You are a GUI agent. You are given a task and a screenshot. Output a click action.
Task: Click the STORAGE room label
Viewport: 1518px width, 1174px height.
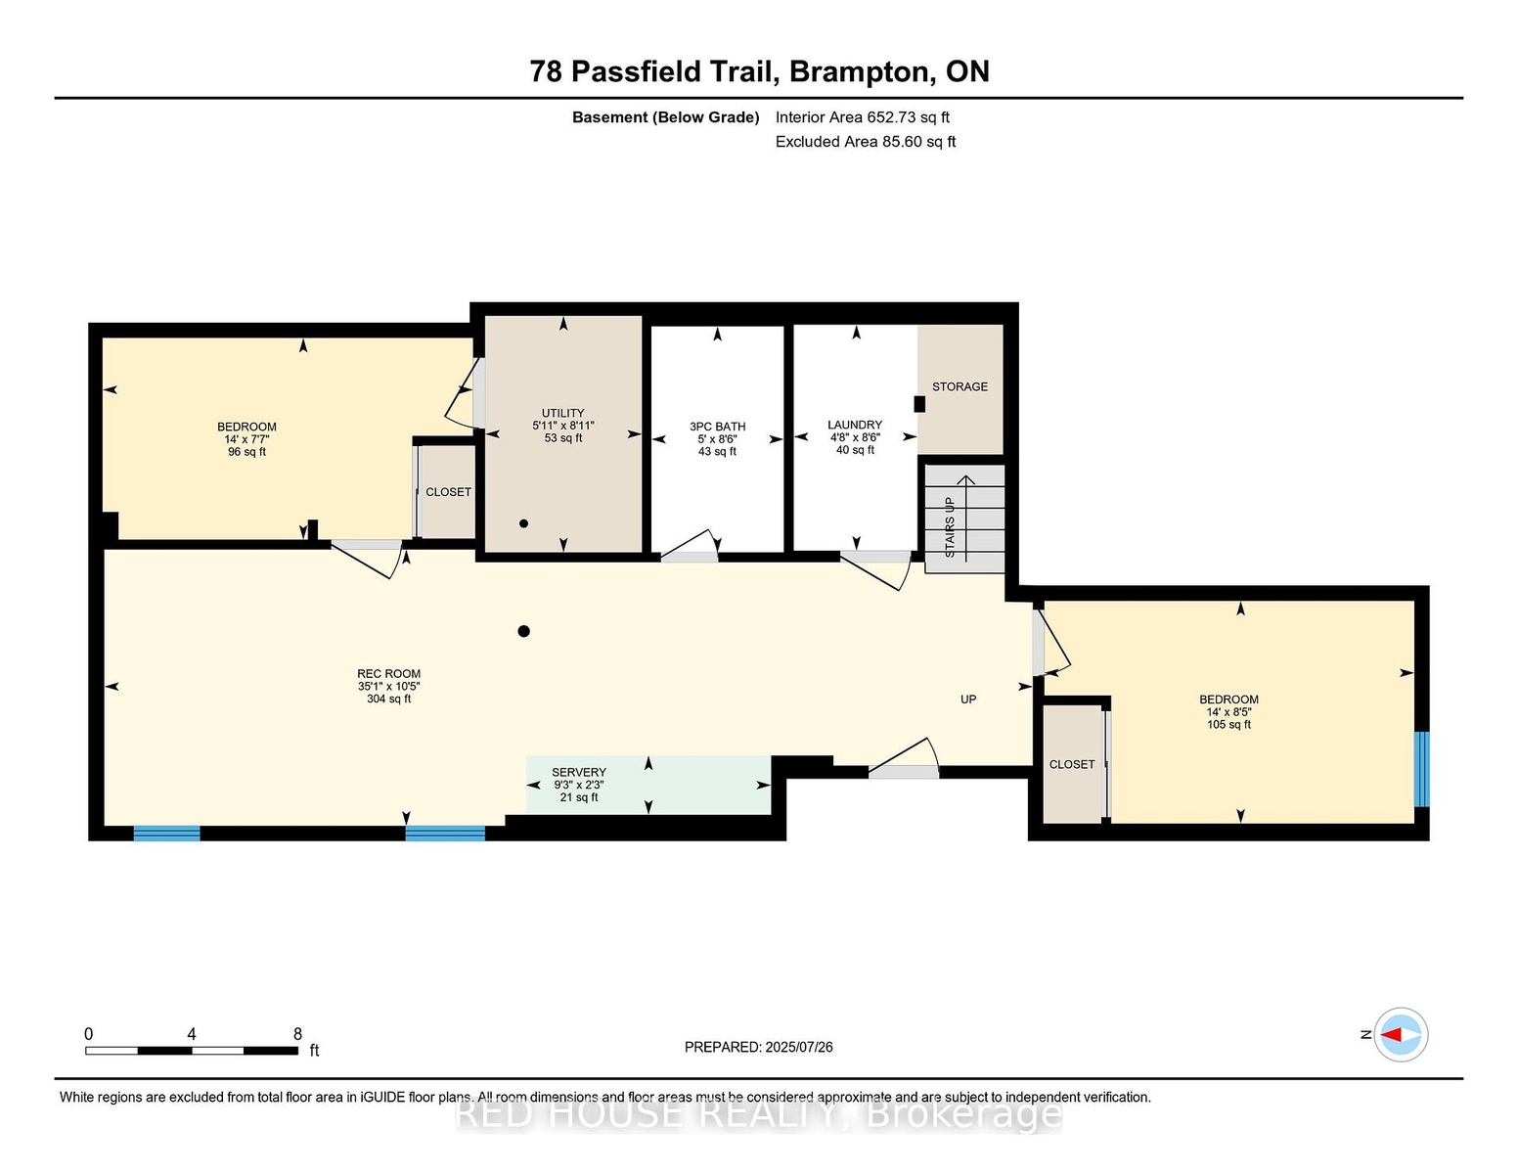[x=960, y=386]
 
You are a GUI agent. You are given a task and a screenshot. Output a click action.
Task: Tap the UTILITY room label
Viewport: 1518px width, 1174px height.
[x=562, y=413]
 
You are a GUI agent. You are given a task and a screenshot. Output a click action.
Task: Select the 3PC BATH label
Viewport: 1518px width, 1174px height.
[x=717, y=426]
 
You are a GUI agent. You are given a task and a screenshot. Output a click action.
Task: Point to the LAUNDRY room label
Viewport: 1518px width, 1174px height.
[x=854, y=425]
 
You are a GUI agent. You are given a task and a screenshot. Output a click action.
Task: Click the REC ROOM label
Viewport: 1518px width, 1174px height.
[x=388, y=673]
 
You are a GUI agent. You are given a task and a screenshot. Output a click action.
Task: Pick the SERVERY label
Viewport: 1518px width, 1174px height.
[x=578, y=772]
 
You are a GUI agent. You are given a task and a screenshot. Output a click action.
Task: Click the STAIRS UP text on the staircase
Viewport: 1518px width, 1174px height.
[x=950, y=527]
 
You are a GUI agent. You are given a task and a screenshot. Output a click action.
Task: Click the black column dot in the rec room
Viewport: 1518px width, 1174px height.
[x=523, y=631]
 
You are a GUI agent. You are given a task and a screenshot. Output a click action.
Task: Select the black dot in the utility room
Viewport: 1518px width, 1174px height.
[x=523, y=523]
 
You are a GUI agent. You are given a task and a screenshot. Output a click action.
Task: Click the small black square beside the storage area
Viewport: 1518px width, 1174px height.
[x=919, y=404]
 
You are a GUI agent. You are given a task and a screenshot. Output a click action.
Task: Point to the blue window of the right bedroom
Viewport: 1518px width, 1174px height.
[x=1421, y=769]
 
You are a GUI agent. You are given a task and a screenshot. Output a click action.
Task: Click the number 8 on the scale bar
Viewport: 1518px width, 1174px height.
[x=297, y=1034]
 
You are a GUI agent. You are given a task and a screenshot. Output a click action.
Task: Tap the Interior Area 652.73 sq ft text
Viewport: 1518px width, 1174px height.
[x=862, y=117]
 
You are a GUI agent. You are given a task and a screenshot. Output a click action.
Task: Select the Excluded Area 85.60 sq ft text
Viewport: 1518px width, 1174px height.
[x=865, y=142]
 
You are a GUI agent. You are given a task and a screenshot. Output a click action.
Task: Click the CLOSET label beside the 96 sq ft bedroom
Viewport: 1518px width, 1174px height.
[x=448, y=492]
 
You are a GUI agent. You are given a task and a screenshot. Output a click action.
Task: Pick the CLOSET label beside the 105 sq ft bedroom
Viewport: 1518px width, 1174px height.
[x=1072, y=764]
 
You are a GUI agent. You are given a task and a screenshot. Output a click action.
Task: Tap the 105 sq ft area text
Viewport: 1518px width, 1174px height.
[x=1228, y=724]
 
